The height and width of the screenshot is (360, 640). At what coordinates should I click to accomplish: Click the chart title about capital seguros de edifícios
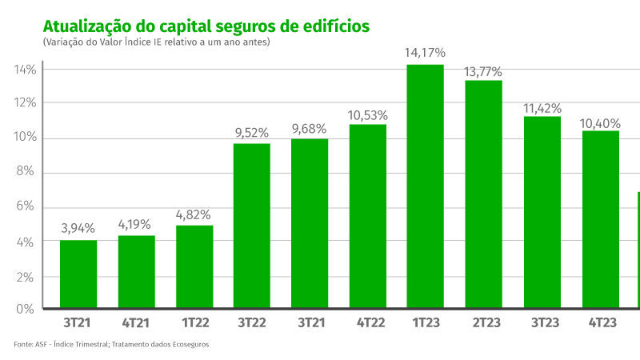click(x=206, y=26)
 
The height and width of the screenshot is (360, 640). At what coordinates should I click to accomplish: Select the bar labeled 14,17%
click(x=425, y=186)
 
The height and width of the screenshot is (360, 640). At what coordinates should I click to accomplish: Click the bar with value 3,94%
click(x=78, y=274)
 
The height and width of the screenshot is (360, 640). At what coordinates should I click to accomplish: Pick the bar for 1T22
click(x=194, y=267)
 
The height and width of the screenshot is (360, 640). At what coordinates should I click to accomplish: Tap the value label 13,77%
click(x=483, y=72)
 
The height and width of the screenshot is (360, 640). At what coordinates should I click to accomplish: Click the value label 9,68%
click(x=310, y=130)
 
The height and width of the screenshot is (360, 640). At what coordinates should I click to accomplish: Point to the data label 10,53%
click(x=367, y=115)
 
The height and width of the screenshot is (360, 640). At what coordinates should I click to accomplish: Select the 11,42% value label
click(x=542, y=108)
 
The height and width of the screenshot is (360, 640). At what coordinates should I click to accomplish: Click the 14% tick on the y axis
click(x=25, y=70)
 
